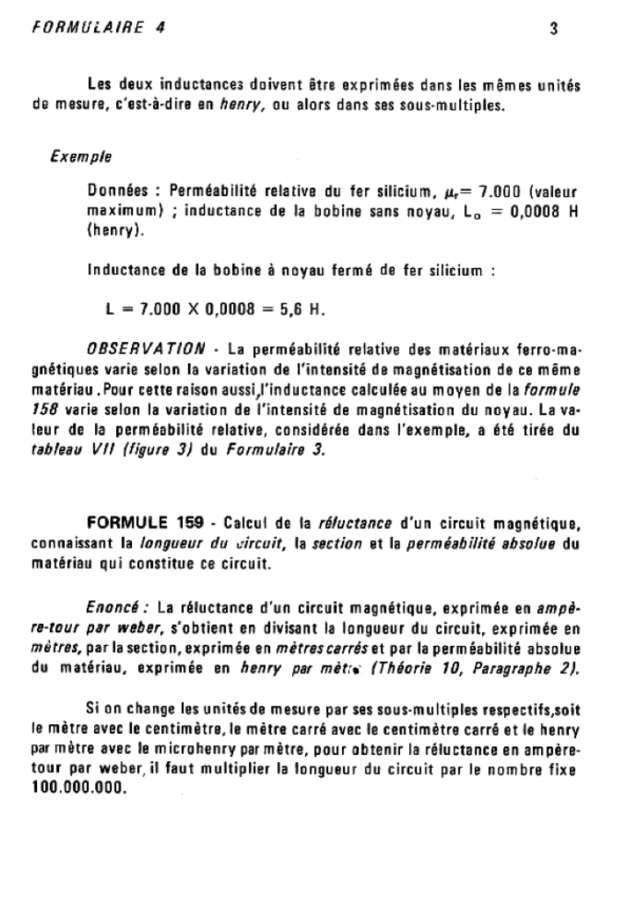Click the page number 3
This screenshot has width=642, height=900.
(553, 27)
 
